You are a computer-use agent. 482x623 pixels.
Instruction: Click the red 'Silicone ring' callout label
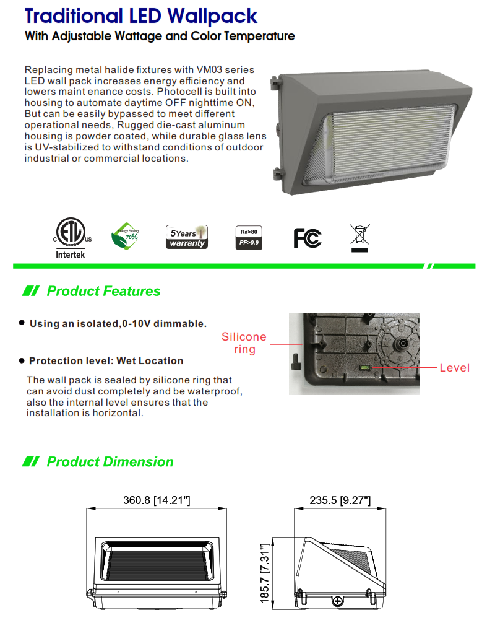pyautogui.click(x=244, y=343)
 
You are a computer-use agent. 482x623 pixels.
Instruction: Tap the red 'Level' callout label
pyautogui.click(x=454, y=368)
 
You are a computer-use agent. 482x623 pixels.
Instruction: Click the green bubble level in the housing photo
pyautogui.click(x=364, y=368)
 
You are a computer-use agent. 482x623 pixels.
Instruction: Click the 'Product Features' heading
pyautogui.click(x=103, y=291)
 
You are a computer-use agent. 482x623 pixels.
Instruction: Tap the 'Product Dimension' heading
pyautogui.click(x=110, y=462)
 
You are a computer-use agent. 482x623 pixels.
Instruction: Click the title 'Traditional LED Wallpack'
pyautogui.click(x=141, y=15)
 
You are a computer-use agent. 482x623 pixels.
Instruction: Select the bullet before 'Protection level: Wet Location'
pyautogui.click(x=22, y=360)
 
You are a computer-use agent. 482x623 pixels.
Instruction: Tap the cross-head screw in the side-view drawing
pyautogui.click(x=338, y=601)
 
